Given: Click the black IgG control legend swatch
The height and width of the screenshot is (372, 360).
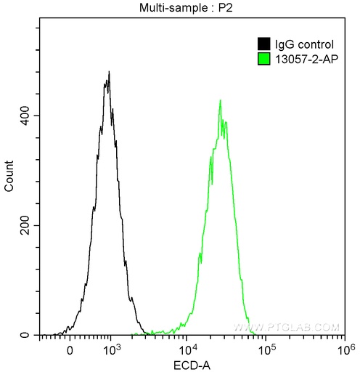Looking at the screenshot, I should (263, 43).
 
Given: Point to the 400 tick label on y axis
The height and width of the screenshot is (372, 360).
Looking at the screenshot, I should (23, 116).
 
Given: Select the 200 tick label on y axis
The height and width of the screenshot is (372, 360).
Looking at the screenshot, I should (23, 226).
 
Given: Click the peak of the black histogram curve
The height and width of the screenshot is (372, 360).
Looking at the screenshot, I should (108, 72).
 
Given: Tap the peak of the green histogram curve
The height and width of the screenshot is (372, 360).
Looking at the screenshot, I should (220, 100).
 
